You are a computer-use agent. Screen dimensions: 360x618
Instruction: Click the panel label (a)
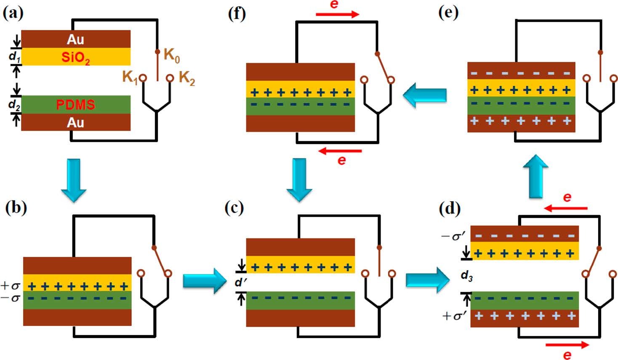[x=13, y=13]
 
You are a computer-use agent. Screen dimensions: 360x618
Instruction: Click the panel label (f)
[x=236, y=13]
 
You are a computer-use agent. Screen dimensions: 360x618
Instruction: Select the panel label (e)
[x=448, y=13]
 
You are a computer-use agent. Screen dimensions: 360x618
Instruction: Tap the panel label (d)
[x=449, y=208]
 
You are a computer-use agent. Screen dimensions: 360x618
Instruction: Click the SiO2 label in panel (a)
[x=75, y=57]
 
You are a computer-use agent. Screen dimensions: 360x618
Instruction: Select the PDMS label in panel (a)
[x=75, y=104]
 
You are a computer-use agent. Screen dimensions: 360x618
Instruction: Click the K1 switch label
[x=130, y=77]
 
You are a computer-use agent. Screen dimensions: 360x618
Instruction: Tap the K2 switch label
[x=187, y=78]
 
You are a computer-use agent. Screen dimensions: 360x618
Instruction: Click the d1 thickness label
[x=14, y=56]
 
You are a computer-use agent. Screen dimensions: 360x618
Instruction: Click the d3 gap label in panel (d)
[x=466, y=276]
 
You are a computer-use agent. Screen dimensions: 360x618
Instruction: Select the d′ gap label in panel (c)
[x=240, y=283]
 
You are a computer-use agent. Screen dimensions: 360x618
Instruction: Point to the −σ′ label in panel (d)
[x=453, y=236]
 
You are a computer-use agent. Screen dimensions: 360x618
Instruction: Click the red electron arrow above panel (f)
[x=337, y=14]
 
